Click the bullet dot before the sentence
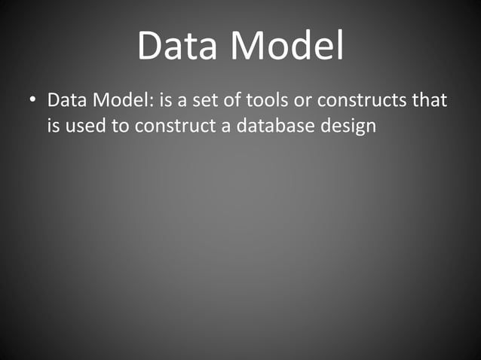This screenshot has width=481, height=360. [x=32, y=100]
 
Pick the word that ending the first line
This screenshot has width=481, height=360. [x=432, y=99]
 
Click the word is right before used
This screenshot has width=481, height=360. [x=54, y=125]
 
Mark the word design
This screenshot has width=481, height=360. [x=347, y=125]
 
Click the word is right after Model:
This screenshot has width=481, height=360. [x=167, y=99]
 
